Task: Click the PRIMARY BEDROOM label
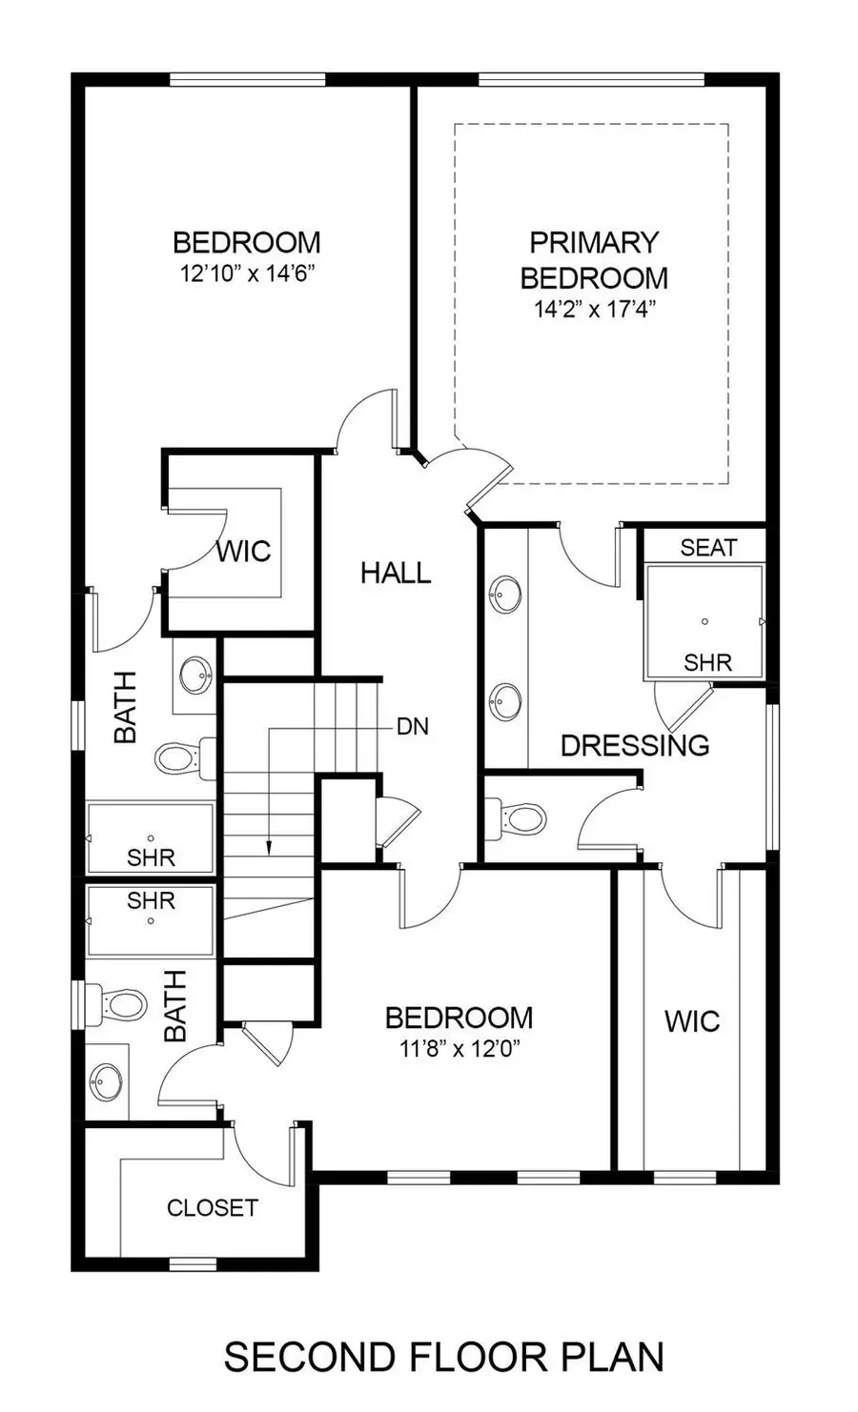[593, 260]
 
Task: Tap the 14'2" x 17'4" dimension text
[593, 310]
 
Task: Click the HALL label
[396, 573]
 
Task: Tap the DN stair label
[413, 727]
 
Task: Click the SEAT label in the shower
[708, 547]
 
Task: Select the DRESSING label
[635, 745]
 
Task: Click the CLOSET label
[213, 1208]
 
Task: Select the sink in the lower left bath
[106, 1081]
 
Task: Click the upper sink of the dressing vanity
[504, 595]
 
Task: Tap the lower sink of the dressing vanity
[504, 701]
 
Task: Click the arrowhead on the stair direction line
[270, 846]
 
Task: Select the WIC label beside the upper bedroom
[243, 551]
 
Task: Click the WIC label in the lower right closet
[692, 1021]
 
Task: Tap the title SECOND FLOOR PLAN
[444, 1357]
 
